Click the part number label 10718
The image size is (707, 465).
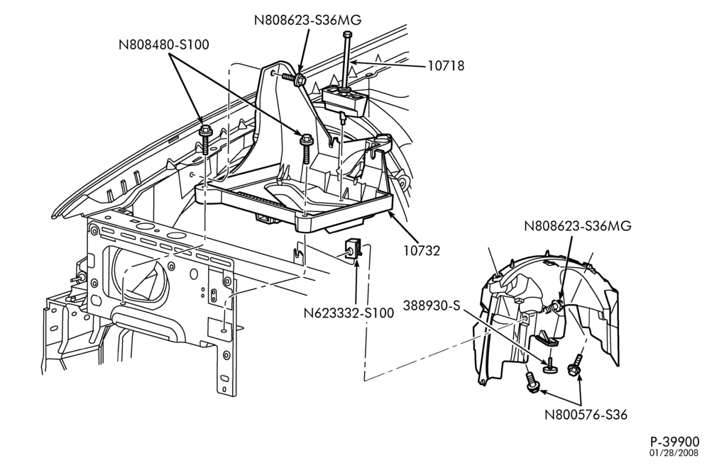(446, 66)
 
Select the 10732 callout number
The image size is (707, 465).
(421, 251)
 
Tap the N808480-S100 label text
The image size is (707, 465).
(164, 45)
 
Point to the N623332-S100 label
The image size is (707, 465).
(349, 313)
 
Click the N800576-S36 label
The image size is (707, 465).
(586, 415)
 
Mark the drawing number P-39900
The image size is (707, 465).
(674, 442)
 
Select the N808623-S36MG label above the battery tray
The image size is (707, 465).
(308, 21)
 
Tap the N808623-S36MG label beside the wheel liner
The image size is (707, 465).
(578, 225)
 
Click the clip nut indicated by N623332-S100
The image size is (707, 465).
(351, 249)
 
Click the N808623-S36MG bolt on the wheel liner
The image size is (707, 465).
(553, 308)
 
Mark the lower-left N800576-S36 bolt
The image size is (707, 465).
(531, 383)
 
